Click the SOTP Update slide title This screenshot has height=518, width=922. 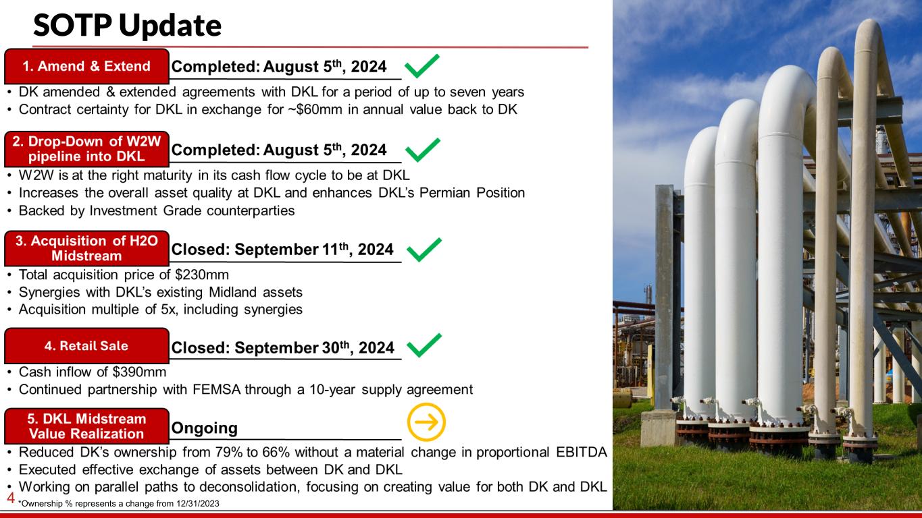click(x=127, y=26)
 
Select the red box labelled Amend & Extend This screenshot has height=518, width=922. click(x=86, y=66)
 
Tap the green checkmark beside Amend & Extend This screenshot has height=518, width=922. click(x=422, y=66)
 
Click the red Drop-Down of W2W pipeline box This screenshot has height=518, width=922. click(x=86, y=149)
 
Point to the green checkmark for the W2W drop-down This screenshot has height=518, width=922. click(x=422, y=150)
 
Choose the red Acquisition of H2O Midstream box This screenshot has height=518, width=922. click(x=86, y=248)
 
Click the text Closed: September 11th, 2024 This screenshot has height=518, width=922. click(x=282, y=249)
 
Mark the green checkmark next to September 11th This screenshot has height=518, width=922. click(x=424, y=250)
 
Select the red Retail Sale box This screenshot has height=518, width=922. click(x=86, y=346)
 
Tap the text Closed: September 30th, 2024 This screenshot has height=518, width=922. click(x=283, y=347)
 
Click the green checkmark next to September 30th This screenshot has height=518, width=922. click(x=424, y=345)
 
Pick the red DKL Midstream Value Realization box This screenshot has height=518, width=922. click(x=86, y=426)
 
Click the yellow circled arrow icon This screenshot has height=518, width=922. click(x=426, y=422)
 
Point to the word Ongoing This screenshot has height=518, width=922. click(x=205, y=428)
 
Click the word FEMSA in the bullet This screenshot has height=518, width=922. click(x=217, y=389)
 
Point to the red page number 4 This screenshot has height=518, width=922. click(x=11, y=498)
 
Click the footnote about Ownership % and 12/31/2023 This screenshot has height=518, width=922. click(x=119, y=504)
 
